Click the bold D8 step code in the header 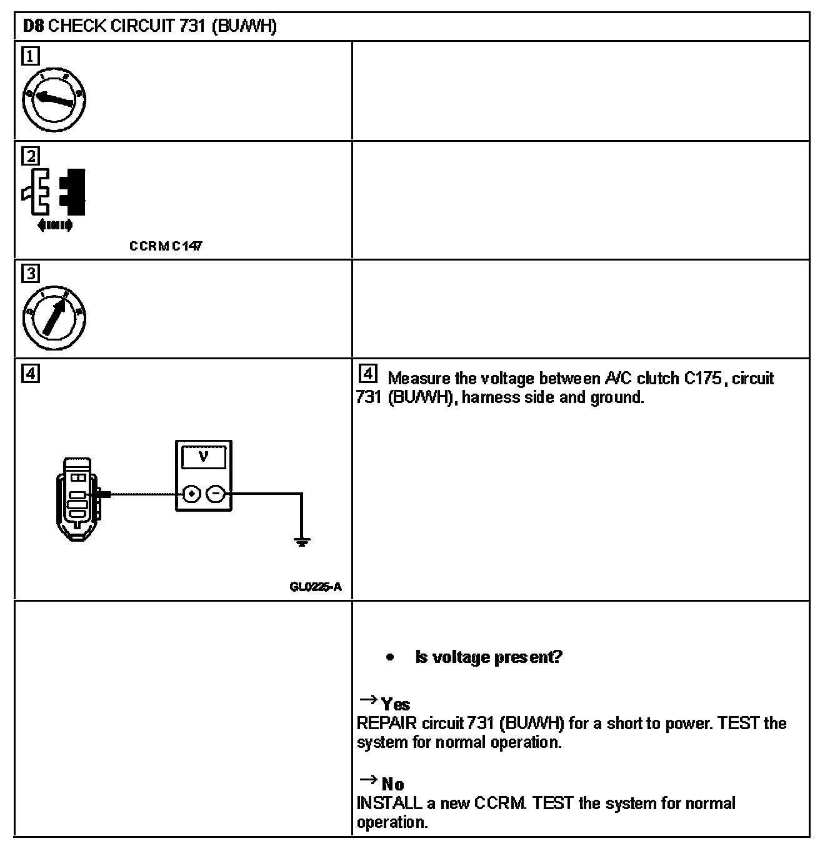coord(33,26)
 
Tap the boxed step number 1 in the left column coord(30,57)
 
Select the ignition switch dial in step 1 coord(54,100)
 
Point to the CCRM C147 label coord(166,246)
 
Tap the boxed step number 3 coord(30,274)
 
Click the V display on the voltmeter coord(204,457)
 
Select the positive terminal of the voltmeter coord(192,494)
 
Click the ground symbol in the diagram coord(302,542)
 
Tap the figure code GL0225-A coord(316,587)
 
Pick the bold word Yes coord(396,705)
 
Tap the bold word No coord(393,785)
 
